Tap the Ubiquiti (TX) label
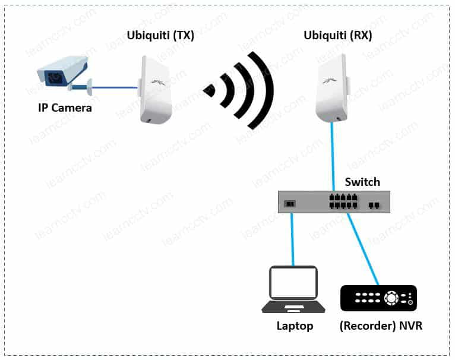click(160, 36)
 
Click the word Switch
click(362, 182)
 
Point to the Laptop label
click(295, 326)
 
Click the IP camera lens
click(53, 77)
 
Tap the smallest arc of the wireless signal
click(209, 90)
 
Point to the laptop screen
click(293, 283)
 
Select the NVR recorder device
click(378, 298)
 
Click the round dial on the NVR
click(391, 298)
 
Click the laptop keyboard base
click(293, 308)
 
